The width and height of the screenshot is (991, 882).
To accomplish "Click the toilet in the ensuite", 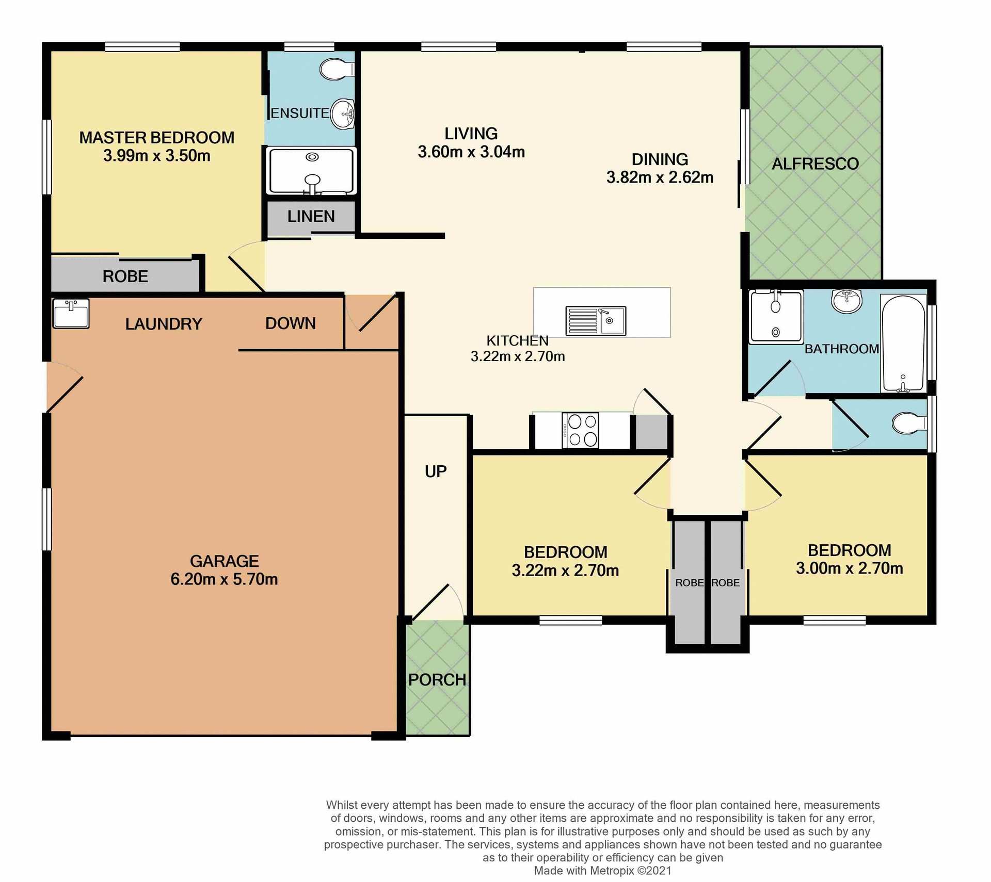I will (337, 69).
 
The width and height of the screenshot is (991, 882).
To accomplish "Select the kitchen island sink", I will (596, 320).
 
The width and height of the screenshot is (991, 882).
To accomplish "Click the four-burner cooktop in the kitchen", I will (580, 430).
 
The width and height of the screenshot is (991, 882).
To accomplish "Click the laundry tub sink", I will (71, 313).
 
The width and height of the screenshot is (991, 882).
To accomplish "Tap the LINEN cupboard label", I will (311, 216).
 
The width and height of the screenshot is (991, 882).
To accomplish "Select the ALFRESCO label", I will (815, 164).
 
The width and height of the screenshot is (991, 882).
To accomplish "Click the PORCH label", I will (437, 680).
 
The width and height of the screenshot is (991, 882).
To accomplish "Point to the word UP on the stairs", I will (436, 471).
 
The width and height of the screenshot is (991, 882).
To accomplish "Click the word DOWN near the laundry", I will (290, 323).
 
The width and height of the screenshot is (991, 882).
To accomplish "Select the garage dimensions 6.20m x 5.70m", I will (224, 579).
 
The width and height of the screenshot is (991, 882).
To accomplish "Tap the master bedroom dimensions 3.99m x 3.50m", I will (156, 156).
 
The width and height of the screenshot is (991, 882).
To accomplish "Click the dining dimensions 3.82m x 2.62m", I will (660, 177).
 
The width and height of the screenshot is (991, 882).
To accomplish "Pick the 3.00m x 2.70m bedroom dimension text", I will (849, 568).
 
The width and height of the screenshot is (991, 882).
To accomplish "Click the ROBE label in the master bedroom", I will (125, 276).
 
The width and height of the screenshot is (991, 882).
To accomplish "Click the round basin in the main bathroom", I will (846, 300).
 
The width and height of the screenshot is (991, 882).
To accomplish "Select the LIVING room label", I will (471, 134).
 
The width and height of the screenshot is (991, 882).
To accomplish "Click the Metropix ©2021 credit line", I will (603, 871).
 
